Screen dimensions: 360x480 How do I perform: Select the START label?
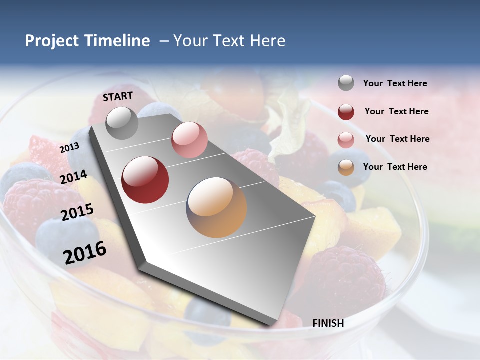[118, 96]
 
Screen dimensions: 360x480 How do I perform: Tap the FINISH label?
[328, 323]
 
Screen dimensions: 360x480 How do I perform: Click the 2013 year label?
[69, 148]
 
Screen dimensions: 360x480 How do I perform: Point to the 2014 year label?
[74, 177]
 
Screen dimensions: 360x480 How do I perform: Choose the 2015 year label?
[77, 212]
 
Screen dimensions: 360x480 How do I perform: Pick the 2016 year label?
[85, 253]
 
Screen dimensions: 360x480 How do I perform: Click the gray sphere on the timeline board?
[122, 123]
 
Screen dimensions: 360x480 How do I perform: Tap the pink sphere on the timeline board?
[189, 140]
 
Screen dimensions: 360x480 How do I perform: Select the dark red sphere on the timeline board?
[145, 180]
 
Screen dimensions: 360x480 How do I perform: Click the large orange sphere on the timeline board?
[216, 207]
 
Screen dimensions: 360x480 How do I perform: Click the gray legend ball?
[346, 83]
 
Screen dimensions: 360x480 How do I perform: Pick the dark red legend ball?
[346, 112]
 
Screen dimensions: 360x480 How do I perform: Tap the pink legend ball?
[346, 139]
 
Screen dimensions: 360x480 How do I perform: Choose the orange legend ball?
[346, 167]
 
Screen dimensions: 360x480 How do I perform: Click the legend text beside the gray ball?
[395, 84]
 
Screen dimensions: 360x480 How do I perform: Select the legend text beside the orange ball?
[395, 167]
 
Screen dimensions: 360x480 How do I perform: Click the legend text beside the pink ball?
[397, 139]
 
